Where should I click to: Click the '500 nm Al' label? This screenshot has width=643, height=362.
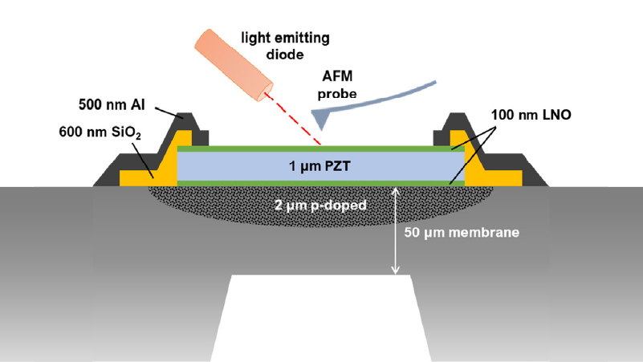[x=112, y=104]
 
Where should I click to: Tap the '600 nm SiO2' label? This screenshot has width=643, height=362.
[x=100, y=132]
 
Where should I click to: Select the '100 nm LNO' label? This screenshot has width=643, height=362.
[x=531, y=115]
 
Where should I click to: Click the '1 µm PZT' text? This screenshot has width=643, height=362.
[x=319, y=166]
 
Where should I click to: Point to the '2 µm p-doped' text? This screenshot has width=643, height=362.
[x=320, y=205]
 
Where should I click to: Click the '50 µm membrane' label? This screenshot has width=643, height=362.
[x=462, y=233]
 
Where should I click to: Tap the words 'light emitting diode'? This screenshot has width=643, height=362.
[x=285, y=46]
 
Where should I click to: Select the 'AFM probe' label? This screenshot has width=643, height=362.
[x=337, y=85]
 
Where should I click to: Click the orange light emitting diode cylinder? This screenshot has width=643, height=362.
[x=234, y=65]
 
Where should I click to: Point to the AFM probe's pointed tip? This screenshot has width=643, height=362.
[x=321, y=130]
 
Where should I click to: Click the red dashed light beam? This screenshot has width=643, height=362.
[x=293, y=119]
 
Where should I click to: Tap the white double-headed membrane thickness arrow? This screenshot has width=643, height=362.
[x=395, y=231]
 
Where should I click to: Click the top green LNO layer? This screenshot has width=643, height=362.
[x=320, y=148]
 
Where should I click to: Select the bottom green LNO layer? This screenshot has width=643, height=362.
[x=320, y=183]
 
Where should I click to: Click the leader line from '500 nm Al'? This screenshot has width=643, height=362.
[x=169, y=112]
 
